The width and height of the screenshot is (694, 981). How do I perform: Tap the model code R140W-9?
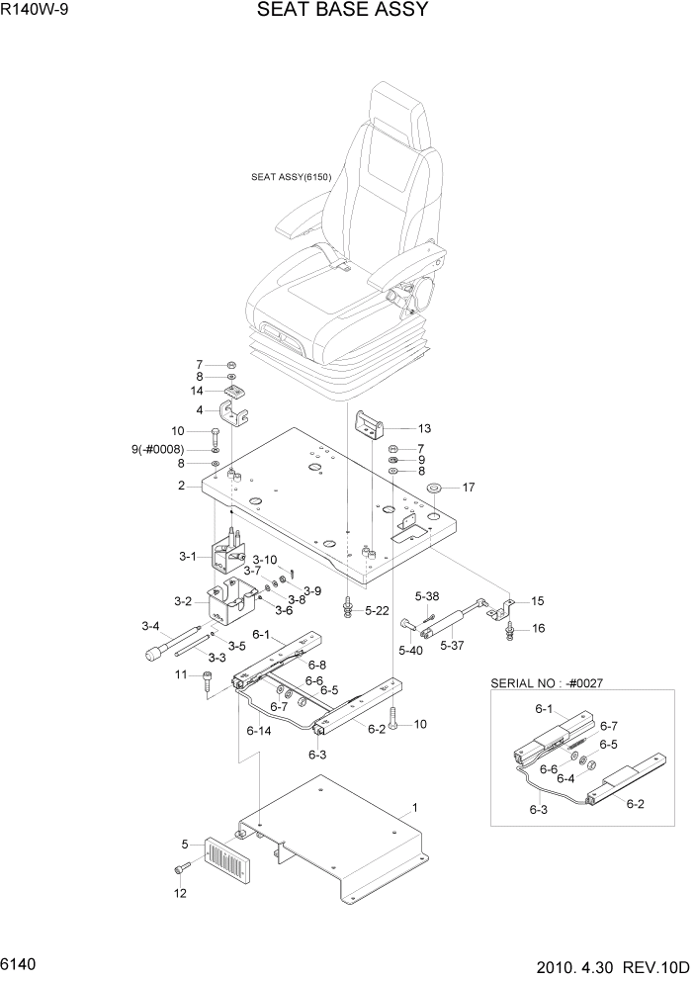click(x=35, y=11)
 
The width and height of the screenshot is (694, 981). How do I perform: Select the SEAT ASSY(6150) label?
click(x=291, y=178)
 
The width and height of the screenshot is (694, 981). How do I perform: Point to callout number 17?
click(x=469, y=487)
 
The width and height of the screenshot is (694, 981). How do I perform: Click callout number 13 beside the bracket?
click(x=424, y=429)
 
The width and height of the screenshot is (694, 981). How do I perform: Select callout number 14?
click(x=198, y=391)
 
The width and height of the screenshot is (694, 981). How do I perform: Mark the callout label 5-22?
click(x=377, y=611)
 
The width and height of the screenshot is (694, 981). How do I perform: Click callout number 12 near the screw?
click(x=180, y=894)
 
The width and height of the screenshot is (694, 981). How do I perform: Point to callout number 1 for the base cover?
click(x=415, y=808)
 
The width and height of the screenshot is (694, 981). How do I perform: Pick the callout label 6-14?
click(x=258, y=731)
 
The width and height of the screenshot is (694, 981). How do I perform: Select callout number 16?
click(x=539, y=628)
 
